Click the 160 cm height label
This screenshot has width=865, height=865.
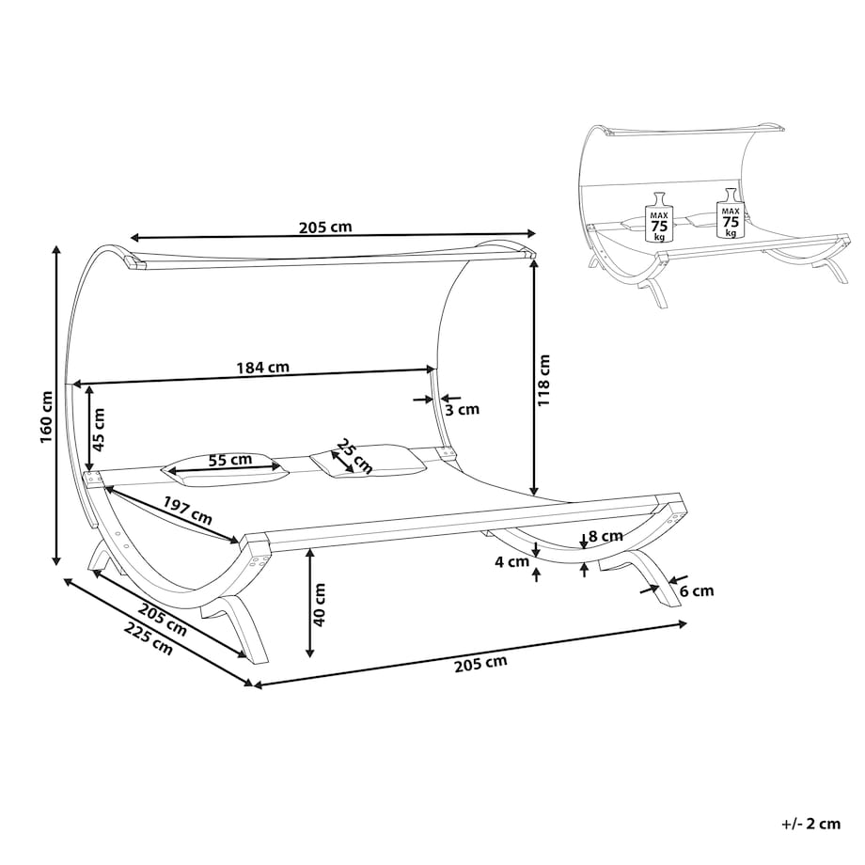[x=46, y=417]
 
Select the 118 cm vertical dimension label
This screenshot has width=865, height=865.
[x=544, y=381]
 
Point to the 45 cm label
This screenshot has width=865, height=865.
[x=98, y=422]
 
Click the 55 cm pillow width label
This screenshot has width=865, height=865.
[x=230, y=460]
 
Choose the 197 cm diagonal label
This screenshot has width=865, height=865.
[x=187, y=511]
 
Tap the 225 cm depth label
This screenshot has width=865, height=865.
[x=148, y=638]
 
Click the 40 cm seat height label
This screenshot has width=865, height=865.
[x=319, y=605]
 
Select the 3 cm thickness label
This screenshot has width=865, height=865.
[x=463, y=409]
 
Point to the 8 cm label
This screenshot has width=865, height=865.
[x=605, y=536]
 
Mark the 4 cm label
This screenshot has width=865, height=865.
[x=511, y=562]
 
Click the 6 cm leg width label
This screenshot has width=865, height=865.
[x=696, y=591]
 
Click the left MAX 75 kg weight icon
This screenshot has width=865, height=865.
[x=659, y=217]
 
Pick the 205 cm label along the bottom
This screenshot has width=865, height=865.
[x=480, y=664]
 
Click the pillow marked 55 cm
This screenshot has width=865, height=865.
[x=225, y=469]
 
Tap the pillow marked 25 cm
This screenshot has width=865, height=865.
[x=369, y=459]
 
